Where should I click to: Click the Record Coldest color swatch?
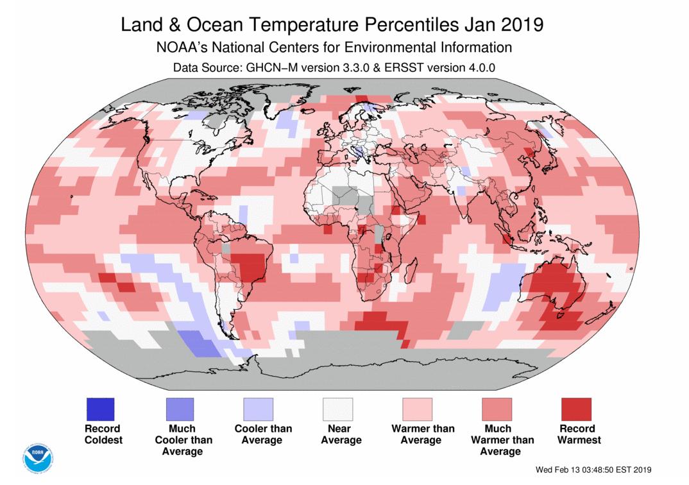pyautogui.click(x=99, y=409)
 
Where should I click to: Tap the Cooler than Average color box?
pyautogui.click(x=258, y=409)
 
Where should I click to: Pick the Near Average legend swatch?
pyautogui.click(x=337, y=409)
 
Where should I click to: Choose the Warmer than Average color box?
pyautogui.click(x=417, y=409)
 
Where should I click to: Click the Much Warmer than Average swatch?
pyautogui.click(x=497, y=409)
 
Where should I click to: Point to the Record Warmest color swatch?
pyautogui.click(x=576, y=409)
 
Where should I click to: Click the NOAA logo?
pyautogui.click(x=38, y=455)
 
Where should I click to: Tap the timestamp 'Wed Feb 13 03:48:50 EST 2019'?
pyautogui.click(x=593, y=470)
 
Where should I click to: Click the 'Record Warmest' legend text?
pyautogui.click(x=579, y=434)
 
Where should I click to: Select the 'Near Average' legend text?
pyautogui.click(x=341, y=434)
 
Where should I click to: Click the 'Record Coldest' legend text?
pyautogui.click(x=103, y=434)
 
